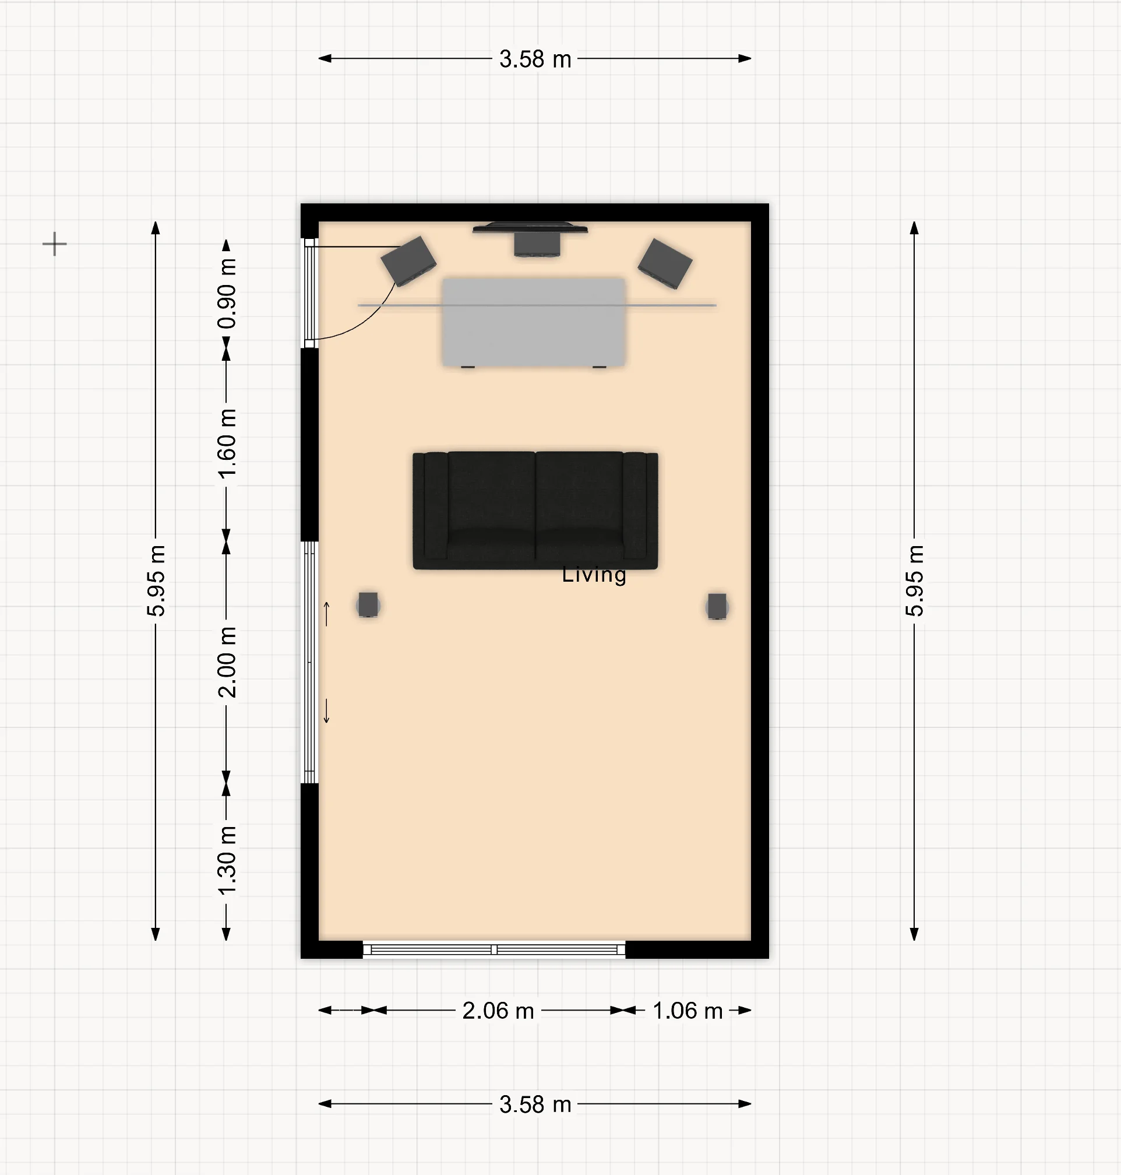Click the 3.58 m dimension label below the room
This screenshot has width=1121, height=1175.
tap(535, 1104)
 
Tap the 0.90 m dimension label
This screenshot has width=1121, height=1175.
tap(227, 293)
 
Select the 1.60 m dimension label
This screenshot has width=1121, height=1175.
tap(227, 444)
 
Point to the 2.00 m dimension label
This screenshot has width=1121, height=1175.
tap(227, 662)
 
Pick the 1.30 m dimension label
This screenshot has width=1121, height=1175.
tap(227, 860)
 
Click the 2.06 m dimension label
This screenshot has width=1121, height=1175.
tap(498, 1011)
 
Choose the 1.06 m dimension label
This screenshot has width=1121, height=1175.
tap(687, 1011)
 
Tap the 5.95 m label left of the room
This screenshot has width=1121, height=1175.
tap(156, 581)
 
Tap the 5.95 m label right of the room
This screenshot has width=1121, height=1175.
tap(914, 581)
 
